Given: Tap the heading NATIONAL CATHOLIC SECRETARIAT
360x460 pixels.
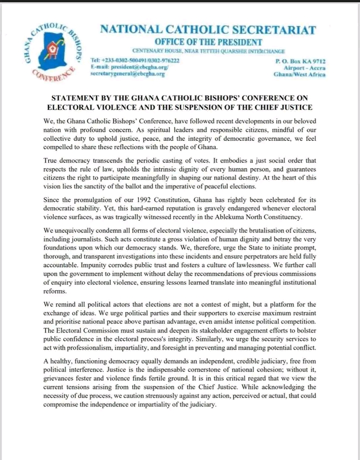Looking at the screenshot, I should click(x=208, y=29).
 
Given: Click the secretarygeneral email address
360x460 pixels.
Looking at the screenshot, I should click(x=127, y=73).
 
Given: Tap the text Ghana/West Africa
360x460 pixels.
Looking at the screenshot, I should click(x=299, y=74).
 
